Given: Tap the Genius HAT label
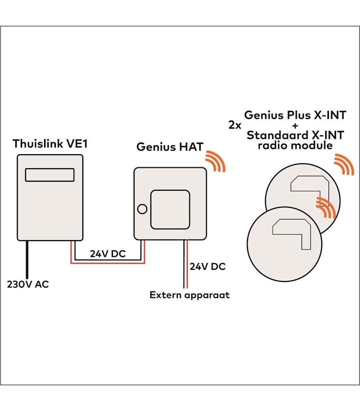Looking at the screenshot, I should click(170, 147).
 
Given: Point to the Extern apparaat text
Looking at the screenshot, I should click(189, 295).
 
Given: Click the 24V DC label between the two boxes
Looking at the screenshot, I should click(108, 253).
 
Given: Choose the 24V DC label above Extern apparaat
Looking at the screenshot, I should click(207, 266).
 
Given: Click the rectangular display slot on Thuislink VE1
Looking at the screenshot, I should click(49, 174).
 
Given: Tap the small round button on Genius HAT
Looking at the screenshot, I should click(142, 209).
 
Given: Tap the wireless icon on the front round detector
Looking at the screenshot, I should click(326, 207).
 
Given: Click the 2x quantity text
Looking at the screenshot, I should click(234, 125).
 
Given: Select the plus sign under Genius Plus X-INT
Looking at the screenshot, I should click(295, 125).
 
